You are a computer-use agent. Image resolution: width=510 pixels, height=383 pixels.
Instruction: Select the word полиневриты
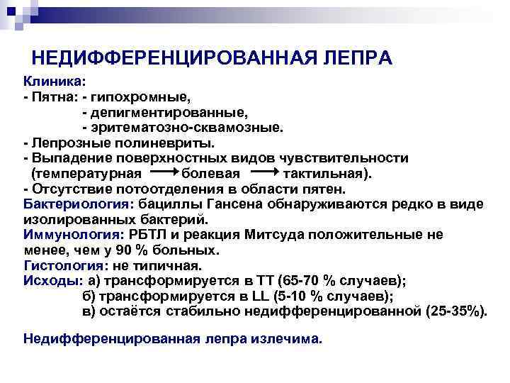tap(160, 143)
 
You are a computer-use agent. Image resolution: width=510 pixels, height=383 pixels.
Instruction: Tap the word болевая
tap(211, 173)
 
